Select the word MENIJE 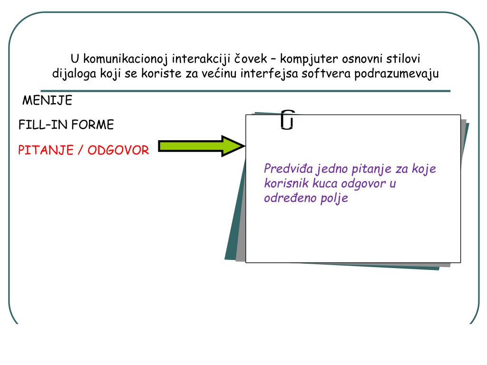coord(48,101)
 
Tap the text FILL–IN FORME coord(66,125)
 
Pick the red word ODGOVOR coord(118,150)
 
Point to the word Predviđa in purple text coord(286,169)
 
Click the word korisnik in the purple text coord(283,183)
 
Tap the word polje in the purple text coord(335,198)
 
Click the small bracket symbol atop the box coord(287,120)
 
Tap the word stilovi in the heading coord(402,59)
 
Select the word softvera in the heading coord(323,74)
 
